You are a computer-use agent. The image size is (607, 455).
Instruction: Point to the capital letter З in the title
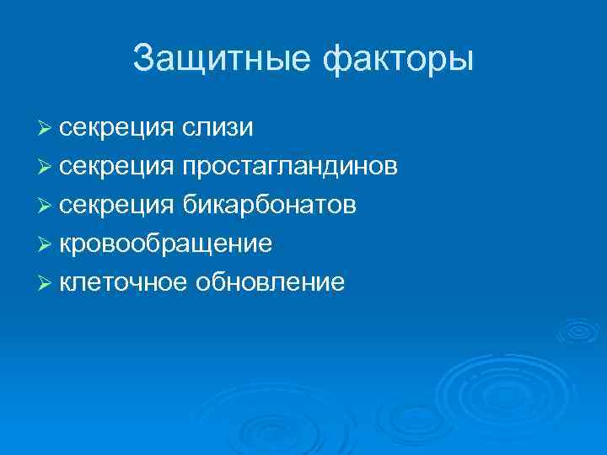[x=144, y=59]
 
